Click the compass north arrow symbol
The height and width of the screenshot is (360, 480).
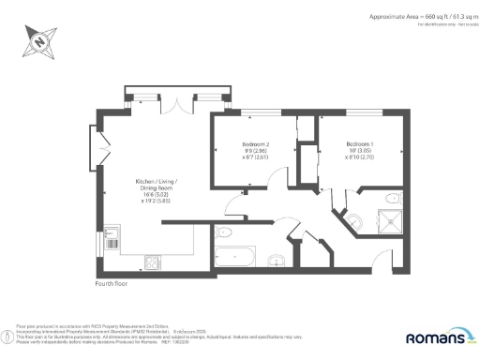click(x=38, y=38)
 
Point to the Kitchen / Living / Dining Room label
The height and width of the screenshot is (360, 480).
click(x=154, y=185)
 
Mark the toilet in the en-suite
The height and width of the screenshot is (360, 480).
click(x=354, y=219)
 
